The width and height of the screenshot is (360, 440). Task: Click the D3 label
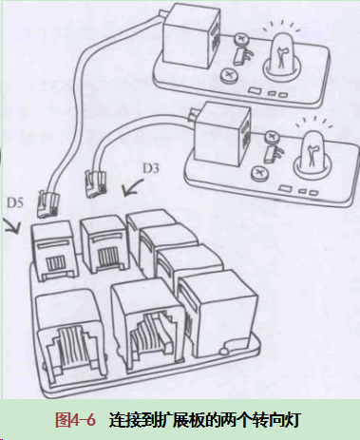coord(151,168)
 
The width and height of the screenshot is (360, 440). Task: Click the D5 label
coord(15,203)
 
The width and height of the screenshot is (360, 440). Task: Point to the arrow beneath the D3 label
coord(132,187)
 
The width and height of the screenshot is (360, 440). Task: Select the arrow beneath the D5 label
coord(12,226)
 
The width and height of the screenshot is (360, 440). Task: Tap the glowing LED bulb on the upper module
coord(282,53)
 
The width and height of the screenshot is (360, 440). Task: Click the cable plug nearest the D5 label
coord(47,203)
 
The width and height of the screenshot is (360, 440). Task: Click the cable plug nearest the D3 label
coord(95,184)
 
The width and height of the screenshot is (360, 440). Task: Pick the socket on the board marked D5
coord(55,251)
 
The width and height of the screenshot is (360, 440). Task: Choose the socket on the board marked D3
coord(104,244)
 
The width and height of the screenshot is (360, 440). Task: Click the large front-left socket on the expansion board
coord(70,336)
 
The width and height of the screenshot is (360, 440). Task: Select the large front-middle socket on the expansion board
coord(148,326)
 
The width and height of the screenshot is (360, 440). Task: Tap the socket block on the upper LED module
coord(191,36)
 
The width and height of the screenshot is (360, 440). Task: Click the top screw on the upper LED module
coord(241,40)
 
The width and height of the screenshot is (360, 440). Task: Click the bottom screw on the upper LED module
coord(229,76)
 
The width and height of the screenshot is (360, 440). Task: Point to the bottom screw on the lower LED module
coord(259,173)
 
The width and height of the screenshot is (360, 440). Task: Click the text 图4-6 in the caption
coord(75,420)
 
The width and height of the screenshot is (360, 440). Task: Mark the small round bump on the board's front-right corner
coord(224,351)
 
